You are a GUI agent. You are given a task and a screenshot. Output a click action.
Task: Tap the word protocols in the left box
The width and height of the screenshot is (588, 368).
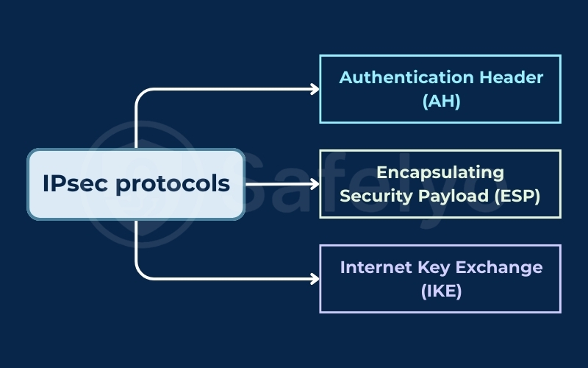(x=172, y=184)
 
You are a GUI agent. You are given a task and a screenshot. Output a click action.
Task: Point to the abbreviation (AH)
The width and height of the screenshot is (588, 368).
(x=441, y=102)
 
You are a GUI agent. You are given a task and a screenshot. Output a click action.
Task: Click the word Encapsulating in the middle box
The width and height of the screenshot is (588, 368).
(x=440, y=172)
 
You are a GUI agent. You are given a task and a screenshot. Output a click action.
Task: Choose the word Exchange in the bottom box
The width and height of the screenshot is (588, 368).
(x=497, y=267)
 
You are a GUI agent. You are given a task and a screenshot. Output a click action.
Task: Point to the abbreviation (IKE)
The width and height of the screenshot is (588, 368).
(x=441, y=291)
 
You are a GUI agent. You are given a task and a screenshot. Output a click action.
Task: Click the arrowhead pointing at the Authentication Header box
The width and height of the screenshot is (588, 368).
(x=315, y=89)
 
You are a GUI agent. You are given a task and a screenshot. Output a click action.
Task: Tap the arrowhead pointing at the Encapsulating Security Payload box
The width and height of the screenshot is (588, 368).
(x=315, y=184)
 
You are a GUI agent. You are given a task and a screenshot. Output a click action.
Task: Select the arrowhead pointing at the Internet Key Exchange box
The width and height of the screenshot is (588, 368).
(x=315, y=279)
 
